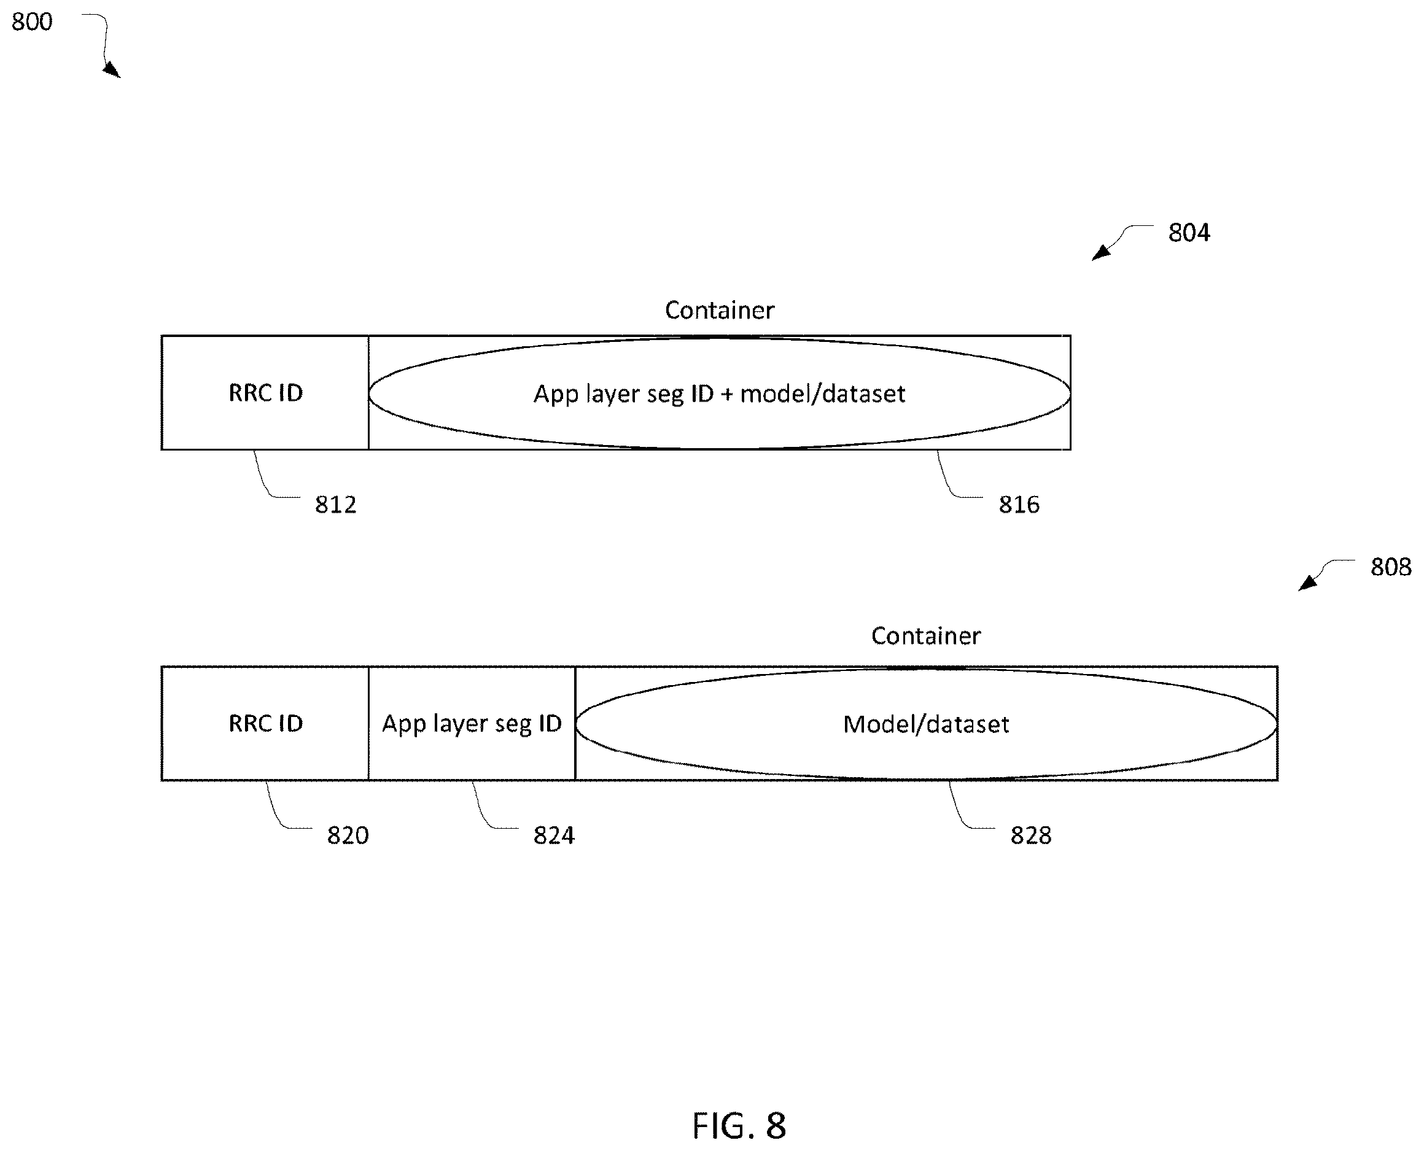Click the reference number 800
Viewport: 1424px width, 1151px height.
(x=32, y=22)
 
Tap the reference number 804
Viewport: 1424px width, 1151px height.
(x=1189, y=233)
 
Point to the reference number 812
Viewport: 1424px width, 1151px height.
(x=336, y=505)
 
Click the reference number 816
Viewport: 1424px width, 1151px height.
(x=1019, y=505)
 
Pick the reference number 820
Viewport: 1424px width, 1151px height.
(x=348, y=835)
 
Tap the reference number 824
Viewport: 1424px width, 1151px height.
(x=554, y=835)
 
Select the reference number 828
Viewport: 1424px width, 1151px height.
(x=1030, y=835)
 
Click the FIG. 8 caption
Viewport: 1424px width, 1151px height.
(x=739, y=1125)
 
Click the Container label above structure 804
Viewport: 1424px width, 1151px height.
(x=720, y=309)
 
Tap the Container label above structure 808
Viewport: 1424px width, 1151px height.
(x=926, y=635)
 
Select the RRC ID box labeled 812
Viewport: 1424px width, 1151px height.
(x=265, y=392)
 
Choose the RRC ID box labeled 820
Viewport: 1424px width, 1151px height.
(x=265, y=723)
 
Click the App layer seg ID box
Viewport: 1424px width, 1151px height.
(x=472, y=723)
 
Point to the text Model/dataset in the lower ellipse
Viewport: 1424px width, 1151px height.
(x=926, y=724)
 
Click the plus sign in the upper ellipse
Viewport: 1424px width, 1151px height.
(x=727, y=395)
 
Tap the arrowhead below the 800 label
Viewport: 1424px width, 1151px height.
(x=113, y=69)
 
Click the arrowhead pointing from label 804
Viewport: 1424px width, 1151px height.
(x=1100, y=253)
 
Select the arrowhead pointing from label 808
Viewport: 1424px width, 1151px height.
(x=1307, y=583)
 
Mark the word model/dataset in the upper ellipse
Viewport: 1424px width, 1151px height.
(x=822, y=394)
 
